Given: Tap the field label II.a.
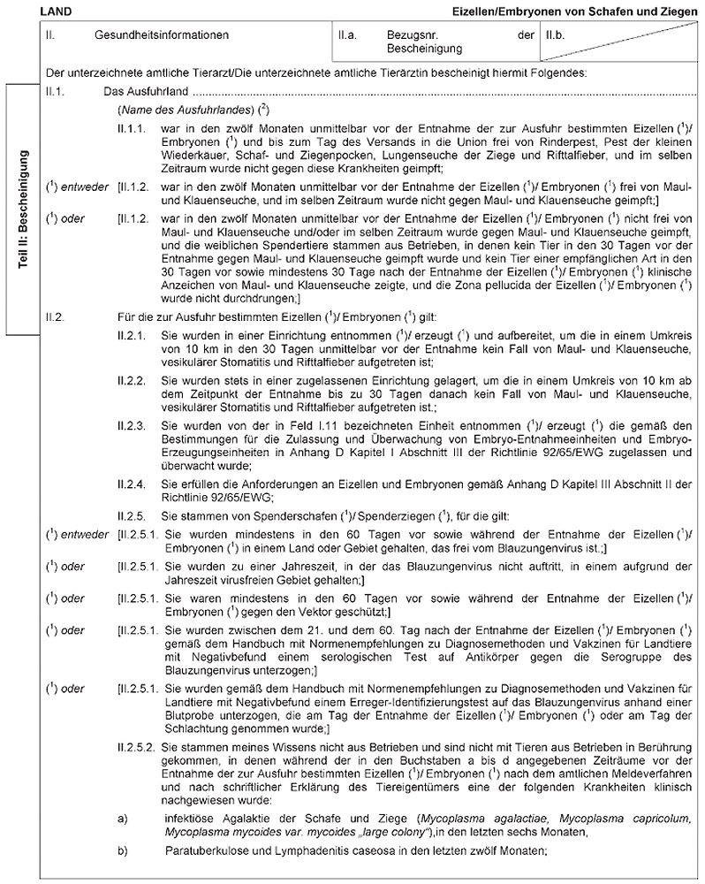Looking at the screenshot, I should [347, 36].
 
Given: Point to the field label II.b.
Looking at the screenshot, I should [556, 36].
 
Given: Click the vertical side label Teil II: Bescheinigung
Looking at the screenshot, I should [26, 211].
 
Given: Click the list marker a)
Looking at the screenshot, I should [123, 819].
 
